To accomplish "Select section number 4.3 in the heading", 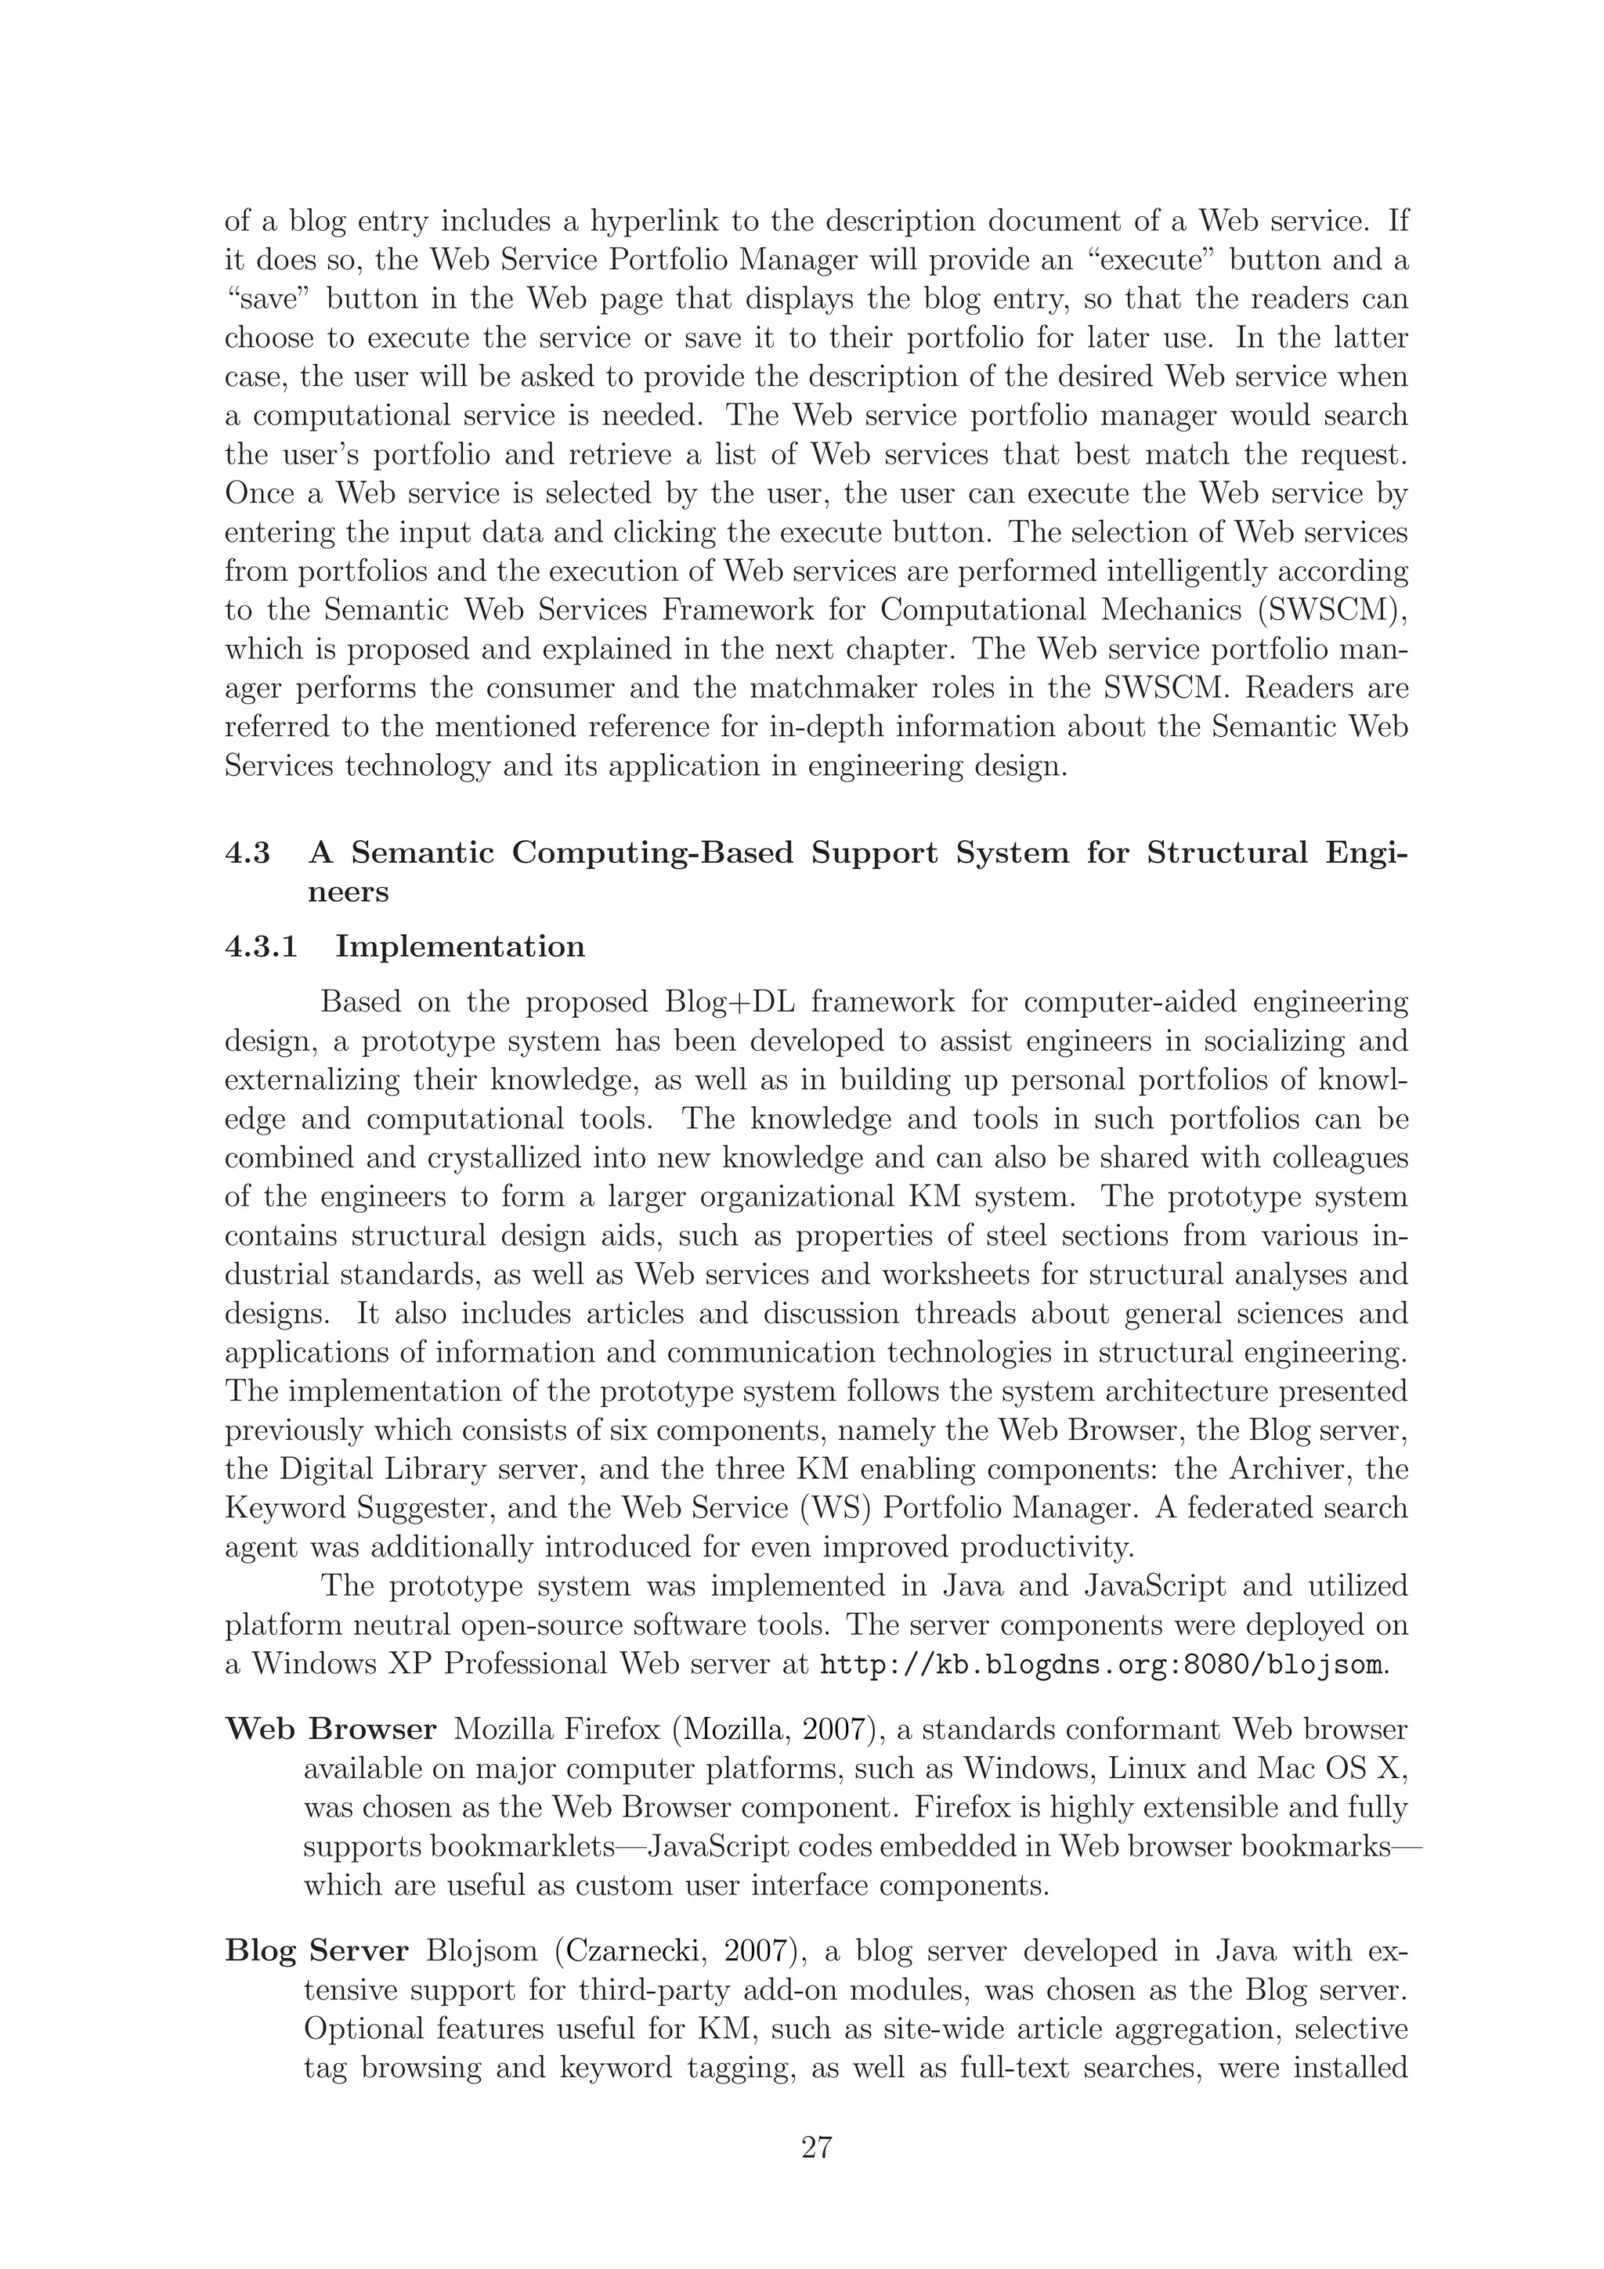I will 248,853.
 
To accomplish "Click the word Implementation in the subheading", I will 460,947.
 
